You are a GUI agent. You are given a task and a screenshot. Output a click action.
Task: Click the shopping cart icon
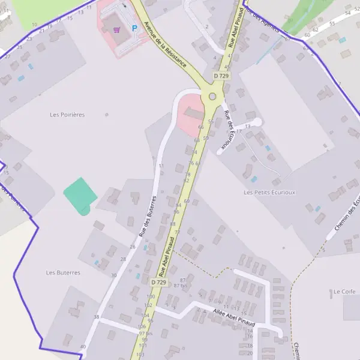pos(116,29)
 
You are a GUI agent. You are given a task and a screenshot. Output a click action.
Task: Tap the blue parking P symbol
pos(134,28)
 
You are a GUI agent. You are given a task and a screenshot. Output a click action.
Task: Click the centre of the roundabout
pos(212,97)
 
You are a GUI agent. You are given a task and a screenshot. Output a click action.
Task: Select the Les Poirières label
pos(68,114)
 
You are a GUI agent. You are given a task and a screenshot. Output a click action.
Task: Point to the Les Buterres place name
pos(63,272)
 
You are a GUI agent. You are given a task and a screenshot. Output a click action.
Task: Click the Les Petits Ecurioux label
pos(270,192)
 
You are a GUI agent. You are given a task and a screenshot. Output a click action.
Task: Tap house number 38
pos(96,316)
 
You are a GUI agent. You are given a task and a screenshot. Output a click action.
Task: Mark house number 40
pos(83,347)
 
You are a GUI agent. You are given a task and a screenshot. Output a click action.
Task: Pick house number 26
pos(132,247)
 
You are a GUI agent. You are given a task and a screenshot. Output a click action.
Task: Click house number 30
pos(114,275)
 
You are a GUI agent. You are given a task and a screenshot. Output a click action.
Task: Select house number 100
pos(150,296)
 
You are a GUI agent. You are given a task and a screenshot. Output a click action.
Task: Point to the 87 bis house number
pos(180,286)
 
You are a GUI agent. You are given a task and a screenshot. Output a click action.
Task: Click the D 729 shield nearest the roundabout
pos(221,76)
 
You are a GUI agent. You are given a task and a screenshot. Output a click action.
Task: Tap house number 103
pos(140,355)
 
